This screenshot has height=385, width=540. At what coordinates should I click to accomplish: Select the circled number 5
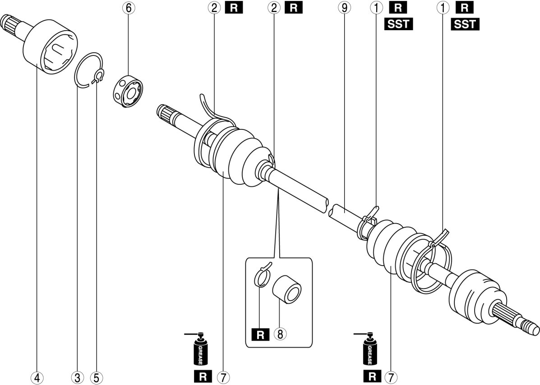click(x=95, y=376)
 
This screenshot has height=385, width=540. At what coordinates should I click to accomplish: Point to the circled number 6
click(x=128, y=8)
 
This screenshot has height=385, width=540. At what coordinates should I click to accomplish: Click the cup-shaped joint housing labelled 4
click(x=50, y=45)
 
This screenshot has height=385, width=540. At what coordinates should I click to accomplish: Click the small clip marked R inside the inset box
click(x=263, y=276)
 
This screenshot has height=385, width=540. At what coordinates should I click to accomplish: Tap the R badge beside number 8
click(x=260, y=334)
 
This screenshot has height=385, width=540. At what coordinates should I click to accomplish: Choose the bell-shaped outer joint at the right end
click(x=474, y=295)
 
